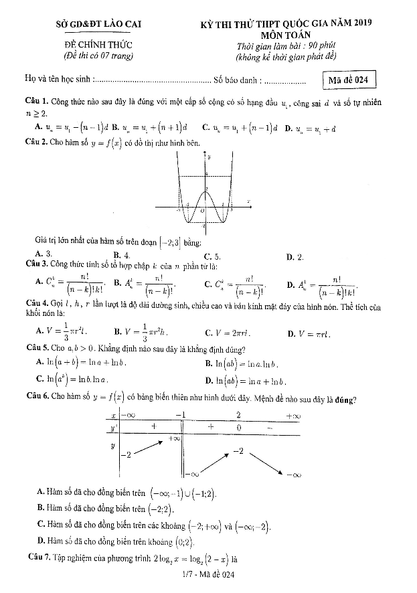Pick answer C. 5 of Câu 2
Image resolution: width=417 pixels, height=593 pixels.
pos(212,256)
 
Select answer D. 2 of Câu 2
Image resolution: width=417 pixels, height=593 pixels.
pos(295,256)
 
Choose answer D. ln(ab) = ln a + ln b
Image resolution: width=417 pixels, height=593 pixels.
pos(246,382)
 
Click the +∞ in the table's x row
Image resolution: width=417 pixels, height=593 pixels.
pos(293,416)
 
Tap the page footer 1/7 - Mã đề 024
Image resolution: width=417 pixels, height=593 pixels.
pos(209,574)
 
